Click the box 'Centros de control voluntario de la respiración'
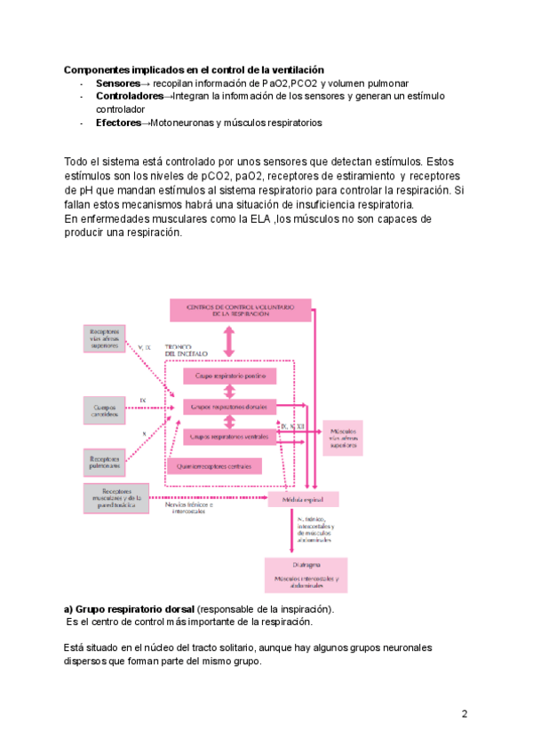click(x=239, y=310)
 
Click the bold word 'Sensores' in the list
click(x=117, y=83)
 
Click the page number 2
click(x=465, y=714)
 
